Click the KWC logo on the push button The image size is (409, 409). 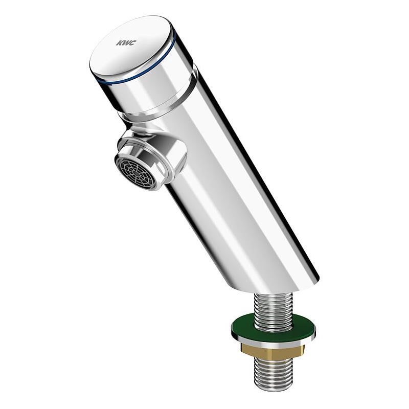tap(126, 43)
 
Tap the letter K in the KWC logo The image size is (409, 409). tap(120, 42)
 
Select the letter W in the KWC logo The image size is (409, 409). tap(126, 43)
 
